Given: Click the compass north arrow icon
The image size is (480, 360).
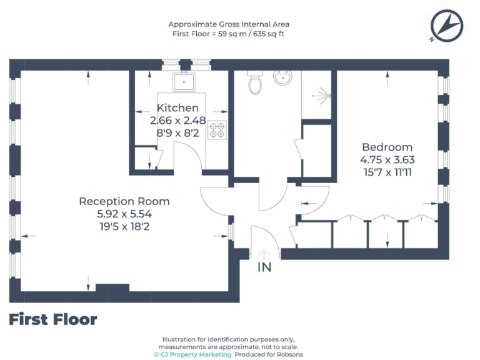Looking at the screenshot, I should click(446, 26).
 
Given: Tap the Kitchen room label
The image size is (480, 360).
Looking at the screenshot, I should click(177, 108).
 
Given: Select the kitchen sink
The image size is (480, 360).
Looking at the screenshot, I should click(184, 81).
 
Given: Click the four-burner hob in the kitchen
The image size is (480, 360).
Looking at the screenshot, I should click(217, 129).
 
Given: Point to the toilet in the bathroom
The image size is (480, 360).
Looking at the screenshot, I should click(255, 82).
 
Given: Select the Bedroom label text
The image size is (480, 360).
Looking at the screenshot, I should click(387, 147).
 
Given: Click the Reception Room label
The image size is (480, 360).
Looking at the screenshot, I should click(124, 201).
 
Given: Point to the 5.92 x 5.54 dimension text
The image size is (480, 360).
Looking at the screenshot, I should click(124, 214).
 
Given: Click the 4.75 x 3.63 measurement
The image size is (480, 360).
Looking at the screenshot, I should click(387, 159).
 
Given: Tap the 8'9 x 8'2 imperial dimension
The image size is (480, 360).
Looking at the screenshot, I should click(177, 132).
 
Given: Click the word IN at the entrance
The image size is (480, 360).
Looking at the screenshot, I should click(264, 267).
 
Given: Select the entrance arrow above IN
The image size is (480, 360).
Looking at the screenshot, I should click(264, 253).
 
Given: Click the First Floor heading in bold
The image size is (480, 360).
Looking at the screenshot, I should click(53, 320).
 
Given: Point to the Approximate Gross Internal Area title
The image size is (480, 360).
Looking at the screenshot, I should click(229, 24).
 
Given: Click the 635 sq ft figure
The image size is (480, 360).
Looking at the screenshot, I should click(266, 34).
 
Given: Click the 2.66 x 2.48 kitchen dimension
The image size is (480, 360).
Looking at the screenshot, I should click(177, 120).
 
